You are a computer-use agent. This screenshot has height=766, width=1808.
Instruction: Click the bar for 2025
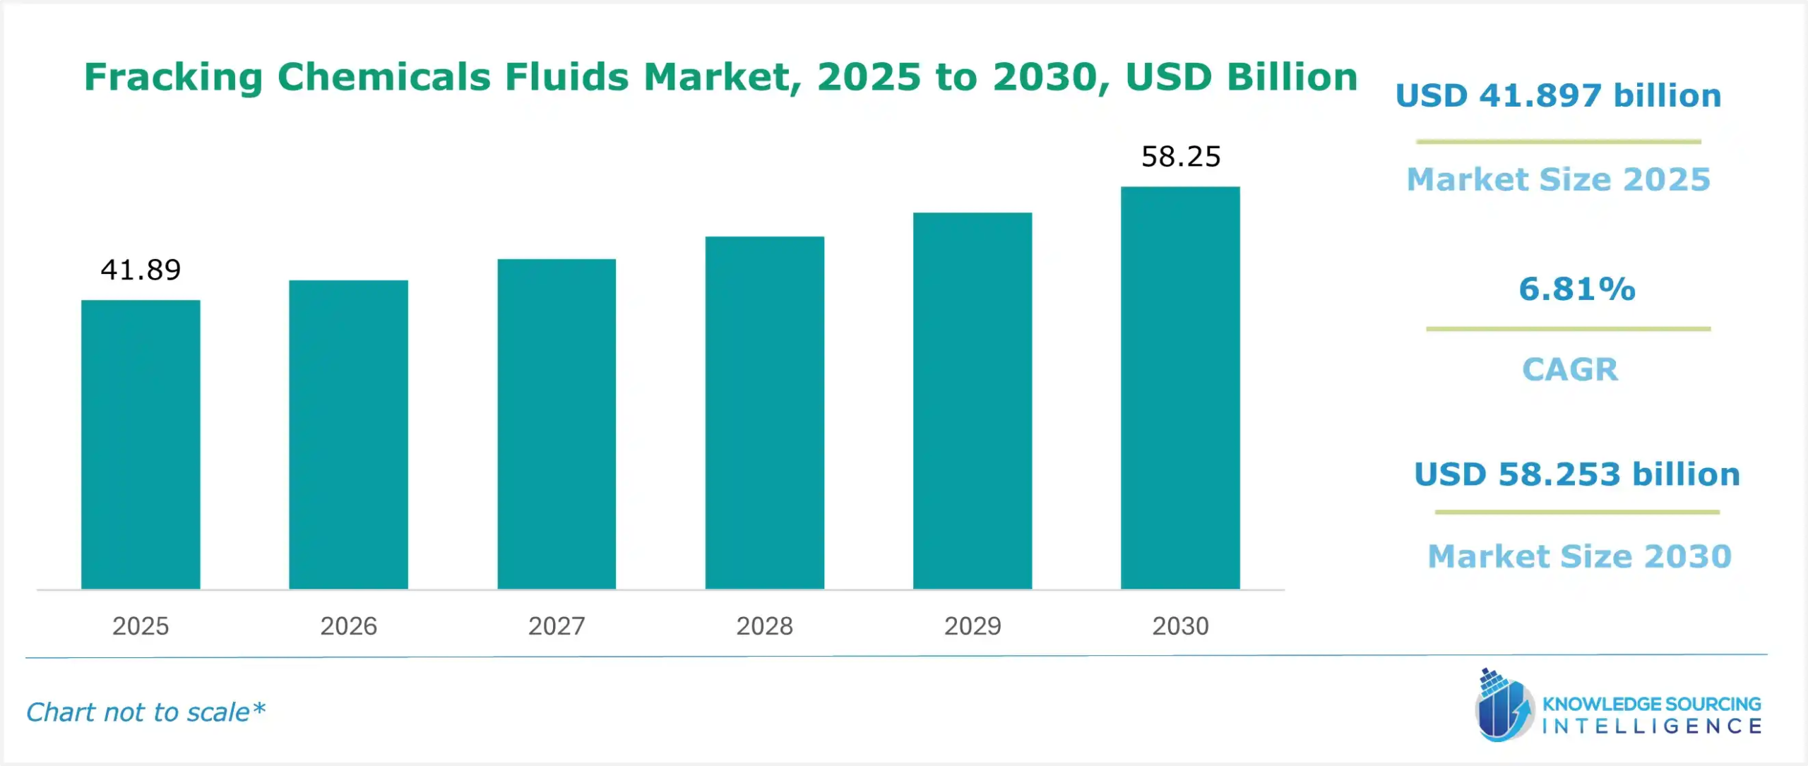tap(141, 445)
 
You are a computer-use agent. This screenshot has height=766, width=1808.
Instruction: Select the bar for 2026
tap(348, 435)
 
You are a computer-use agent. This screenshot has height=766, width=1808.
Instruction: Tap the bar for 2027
tap(557, 424)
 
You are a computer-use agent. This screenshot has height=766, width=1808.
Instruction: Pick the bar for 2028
tap(764, 413)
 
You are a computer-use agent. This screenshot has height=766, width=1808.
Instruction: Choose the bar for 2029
tap(973, 401)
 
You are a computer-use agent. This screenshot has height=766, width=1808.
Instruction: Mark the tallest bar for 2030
tap(1180, 388)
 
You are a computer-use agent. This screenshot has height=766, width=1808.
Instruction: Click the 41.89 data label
tap(141, 270)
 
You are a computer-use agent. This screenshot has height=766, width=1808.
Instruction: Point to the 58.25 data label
tap(1181, 157)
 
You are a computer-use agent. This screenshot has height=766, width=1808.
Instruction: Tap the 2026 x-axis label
tap(348, 626)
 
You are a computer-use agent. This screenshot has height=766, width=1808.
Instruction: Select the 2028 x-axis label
tap(764, 626)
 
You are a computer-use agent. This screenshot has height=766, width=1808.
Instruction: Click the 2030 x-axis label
tap(1180, 626)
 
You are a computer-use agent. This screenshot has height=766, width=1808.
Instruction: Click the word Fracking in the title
tap(173, 77)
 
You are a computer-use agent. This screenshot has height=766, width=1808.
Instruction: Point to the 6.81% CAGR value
tap(1576, 289)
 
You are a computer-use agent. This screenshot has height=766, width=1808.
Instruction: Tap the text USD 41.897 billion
tap(1558, 96)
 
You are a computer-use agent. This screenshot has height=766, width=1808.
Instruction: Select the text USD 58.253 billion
tap(1576, 474)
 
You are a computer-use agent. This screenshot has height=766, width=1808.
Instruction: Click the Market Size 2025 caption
tap(1558, 179)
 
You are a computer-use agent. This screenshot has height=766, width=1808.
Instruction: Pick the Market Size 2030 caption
tap(1579, 556)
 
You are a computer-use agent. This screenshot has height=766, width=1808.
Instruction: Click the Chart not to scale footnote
tap(145, 712)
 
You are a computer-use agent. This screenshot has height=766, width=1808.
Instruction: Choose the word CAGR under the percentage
tap(1569, 369)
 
